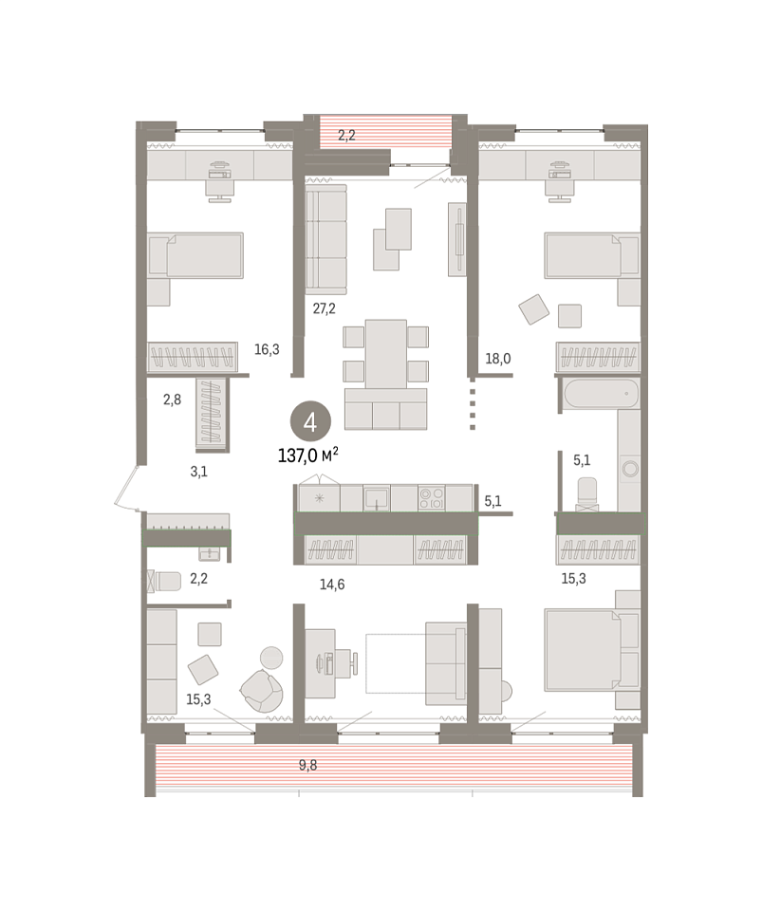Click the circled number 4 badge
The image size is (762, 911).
[x=310, y=422]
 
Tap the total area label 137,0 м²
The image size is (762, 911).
[x=307, y=455]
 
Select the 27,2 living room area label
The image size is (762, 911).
[x=325, y=308]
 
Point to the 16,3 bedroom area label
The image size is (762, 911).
[x=267, y=349]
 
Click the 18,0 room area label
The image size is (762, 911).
[x=498, y=359]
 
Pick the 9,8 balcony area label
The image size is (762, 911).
[x=307, y=765]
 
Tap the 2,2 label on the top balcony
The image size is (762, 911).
[x=346, y=136]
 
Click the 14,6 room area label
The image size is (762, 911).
[x=331, y=584]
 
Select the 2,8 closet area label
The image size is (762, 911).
[x=172, y=400]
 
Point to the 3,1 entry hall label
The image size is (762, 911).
[x=198, y=472]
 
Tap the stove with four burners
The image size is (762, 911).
[x=432, y=498]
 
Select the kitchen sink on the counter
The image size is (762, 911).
[x=377, y=498]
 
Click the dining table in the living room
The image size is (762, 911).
[x=385, y=354]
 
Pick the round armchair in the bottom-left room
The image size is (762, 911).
[x=262, y=691]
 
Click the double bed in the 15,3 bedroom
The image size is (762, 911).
[x=583, y=649]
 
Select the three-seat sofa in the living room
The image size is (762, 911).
[x=326, y=239]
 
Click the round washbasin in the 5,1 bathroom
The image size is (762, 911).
[x=629, y=468]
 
